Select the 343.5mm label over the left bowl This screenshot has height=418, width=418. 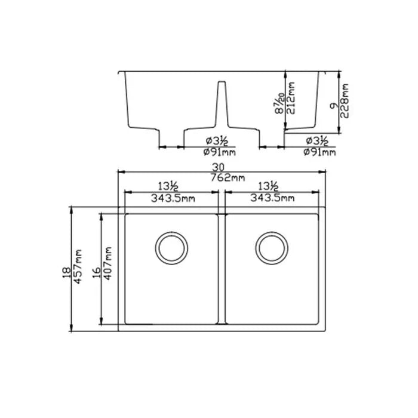171,198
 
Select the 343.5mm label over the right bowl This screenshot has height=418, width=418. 272,198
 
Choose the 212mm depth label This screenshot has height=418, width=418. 293,100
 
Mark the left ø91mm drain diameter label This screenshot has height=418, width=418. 219,152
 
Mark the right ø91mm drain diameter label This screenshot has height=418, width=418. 319,152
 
